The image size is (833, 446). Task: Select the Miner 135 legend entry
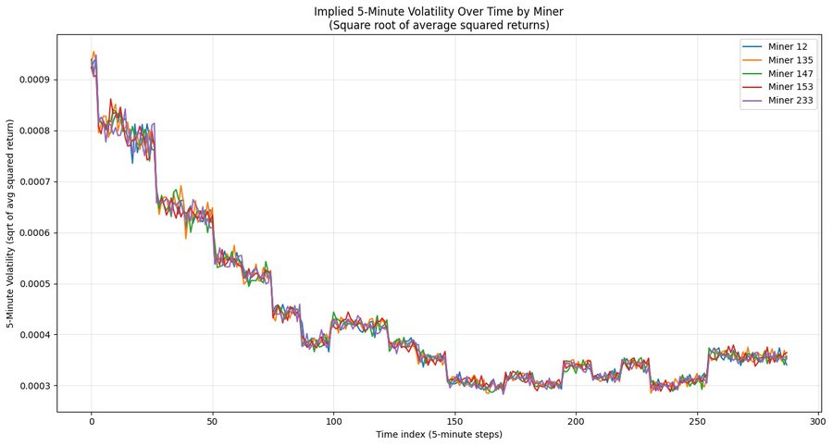tap(792, 60)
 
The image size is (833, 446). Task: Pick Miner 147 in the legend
tap(792, 73)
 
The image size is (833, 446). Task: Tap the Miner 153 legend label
tap(792, 87)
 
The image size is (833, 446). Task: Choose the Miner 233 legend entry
tap(792, 101)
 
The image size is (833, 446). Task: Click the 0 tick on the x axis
tap(92, 422)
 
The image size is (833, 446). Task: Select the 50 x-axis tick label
tap(213, 422)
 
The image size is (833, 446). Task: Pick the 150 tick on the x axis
tap(454, 422)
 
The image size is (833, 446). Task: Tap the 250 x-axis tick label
tap(697, 422)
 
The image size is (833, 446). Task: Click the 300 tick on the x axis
tap(818, 422)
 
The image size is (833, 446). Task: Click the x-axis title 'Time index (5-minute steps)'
tap(439, 435)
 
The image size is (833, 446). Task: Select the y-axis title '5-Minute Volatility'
tap(11, 223)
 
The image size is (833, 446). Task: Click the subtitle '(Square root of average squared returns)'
tap(439, 25)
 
